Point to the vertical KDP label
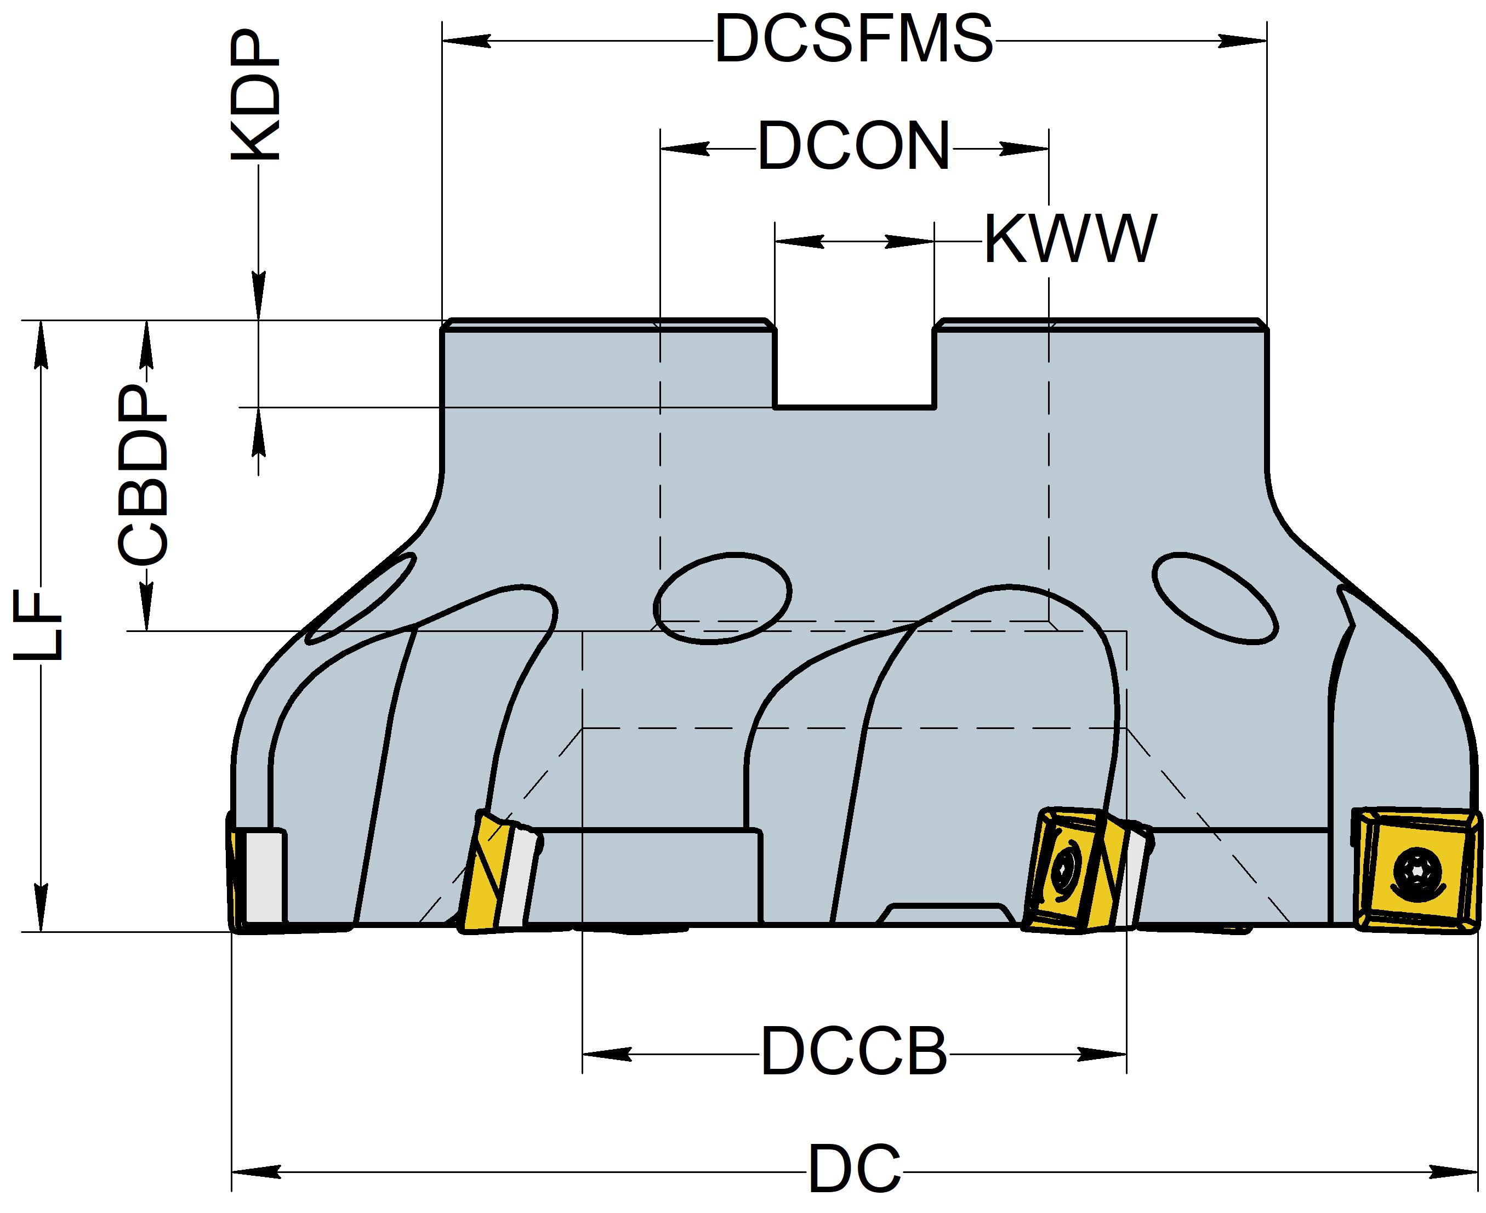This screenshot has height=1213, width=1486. pos(255,98)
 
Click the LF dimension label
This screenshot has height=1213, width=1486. pos(40,625)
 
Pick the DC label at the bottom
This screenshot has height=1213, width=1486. pos(855,1170)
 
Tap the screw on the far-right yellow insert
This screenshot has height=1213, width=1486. pos(1417,870)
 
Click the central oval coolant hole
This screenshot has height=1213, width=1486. pos(722,597)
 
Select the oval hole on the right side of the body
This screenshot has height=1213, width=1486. pos(1215,597)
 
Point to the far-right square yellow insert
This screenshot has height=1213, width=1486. pos(1417,870)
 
